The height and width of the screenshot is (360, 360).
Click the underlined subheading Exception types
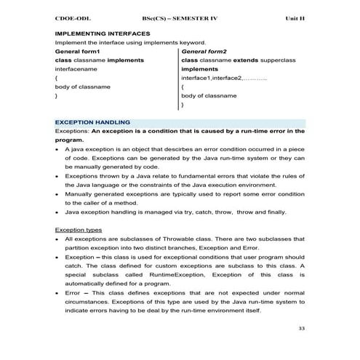[x=79, y=230]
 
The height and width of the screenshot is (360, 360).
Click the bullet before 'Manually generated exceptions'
[x=57, y=194]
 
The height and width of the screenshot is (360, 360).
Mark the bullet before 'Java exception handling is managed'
[x=57, y=212]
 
